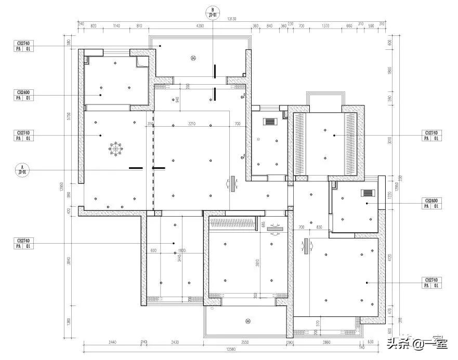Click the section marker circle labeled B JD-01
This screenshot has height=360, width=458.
coord(212,12)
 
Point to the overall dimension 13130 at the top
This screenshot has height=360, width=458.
coord(231,19)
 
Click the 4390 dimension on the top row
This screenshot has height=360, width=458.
coord(199,25)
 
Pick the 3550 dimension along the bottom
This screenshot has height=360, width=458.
coord(246,342)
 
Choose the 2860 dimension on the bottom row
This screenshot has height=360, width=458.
coord(326,342)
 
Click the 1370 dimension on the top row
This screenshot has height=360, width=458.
coord(325,25)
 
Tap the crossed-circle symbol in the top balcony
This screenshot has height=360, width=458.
coord(193,58)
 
